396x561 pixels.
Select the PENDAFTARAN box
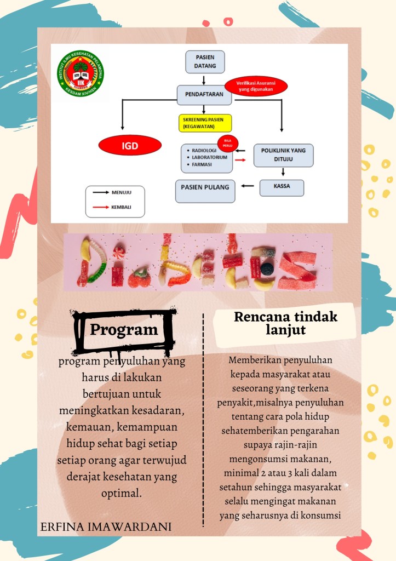point(204,95)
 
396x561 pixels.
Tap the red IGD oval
point(130,146)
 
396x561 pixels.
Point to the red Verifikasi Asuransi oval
point(255,85)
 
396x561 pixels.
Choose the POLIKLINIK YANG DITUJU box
point(283,156)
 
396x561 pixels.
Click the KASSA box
point(282,187)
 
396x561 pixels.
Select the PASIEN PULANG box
point(205,190)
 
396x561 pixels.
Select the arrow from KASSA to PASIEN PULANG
point(248,186)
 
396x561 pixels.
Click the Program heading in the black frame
point(124,330)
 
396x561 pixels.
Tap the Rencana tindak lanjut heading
point(285,324)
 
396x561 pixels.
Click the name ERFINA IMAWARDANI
point(106,527)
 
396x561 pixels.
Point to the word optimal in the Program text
point(122,493)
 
